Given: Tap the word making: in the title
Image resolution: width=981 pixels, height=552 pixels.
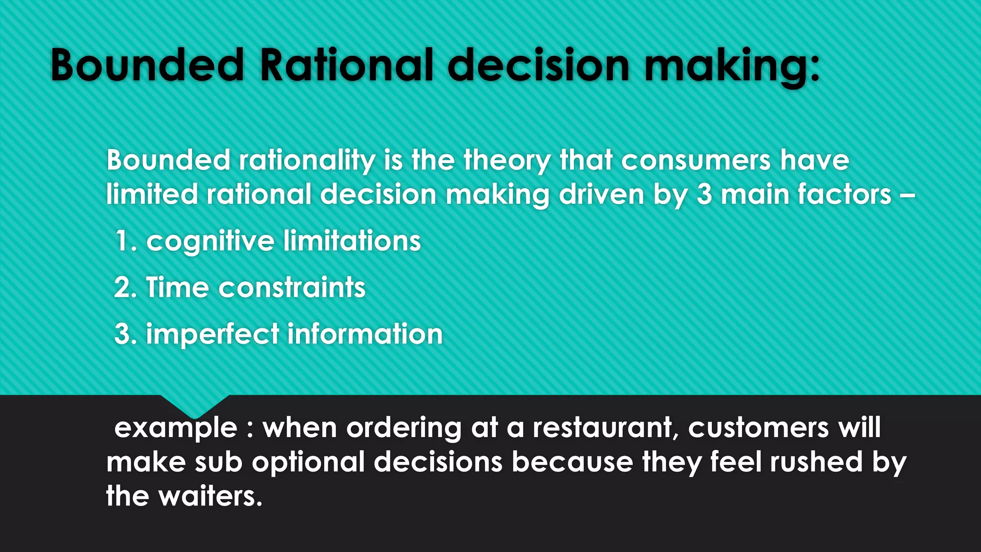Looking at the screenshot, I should [732, 66].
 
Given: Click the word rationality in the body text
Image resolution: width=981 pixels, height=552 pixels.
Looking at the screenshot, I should [307, 160].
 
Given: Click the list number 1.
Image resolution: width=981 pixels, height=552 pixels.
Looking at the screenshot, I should [124, 241].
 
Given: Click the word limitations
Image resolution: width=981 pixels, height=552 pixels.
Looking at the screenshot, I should [352, 241].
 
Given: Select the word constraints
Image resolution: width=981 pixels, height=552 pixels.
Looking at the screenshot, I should [292, 287].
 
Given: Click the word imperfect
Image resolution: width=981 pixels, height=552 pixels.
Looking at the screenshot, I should [213, 334].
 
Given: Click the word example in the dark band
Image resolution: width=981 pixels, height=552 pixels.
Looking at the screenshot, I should [176, 428].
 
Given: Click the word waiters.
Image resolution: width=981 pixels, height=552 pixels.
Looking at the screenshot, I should [211, 496].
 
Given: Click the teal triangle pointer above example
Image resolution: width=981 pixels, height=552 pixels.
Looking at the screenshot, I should [194, 405].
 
